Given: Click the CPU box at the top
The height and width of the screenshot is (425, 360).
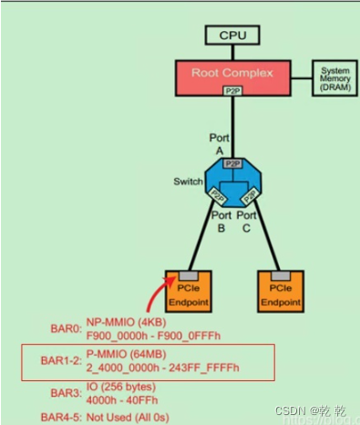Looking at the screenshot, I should tap(233, 36).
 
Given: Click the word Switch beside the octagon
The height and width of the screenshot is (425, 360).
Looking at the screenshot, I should tap(187, 181).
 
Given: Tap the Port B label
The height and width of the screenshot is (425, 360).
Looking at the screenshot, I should tap(221, 222).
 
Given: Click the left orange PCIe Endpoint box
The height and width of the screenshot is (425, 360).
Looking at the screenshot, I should tap(190, 290).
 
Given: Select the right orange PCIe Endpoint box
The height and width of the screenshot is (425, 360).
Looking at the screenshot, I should tap(280, 290).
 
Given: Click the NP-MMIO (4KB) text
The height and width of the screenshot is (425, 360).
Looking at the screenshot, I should tap(120, 321).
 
